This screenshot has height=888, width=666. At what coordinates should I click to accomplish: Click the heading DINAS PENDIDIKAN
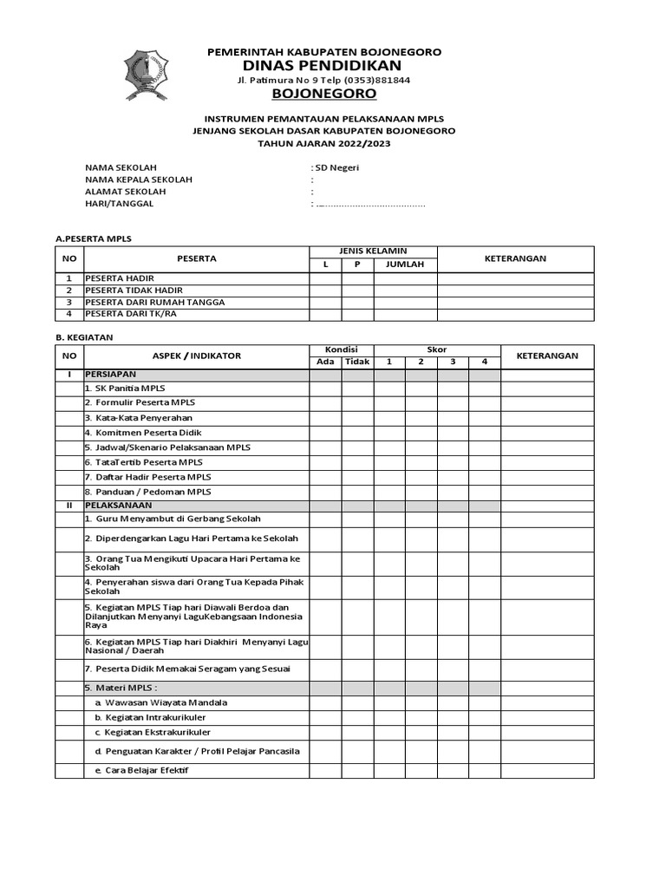pyautogui.click(x=323, y=66)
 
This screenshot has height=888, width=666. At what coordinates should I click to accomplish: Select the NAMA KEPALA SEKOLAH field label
pyautogui.click(x=138, y=180)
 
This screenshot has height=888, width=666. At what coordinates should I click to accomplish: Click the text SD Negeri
pyautogui.click(x=337, y=167)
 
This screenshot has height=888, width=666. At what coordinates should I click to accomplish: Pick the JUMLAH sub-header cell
pyautogui.click(x=405, y=264)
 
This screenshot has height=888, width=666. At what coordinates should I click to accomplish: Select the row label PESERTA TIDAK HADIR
pyautogui.click(x=134, y=290)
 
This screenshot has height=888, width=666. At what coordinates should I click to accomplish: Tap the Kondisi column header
pyautogui.click(x=342, y=349)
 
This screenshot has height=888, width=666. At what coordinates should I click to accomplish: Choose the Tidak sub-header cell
pyautogui.click(x=356, y=362)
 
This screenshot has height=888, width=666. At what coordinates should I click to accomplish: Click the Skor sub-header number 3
pyautogui.click(x=453, y=362)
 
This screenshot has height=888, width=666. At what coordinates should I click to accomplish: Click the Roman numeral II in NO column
pyautogui.click(x=69, y=505)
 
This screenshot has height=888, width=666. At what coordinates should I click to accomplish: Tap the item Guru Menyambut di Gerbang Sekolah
pyautogui.click(x=173, y=519)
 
